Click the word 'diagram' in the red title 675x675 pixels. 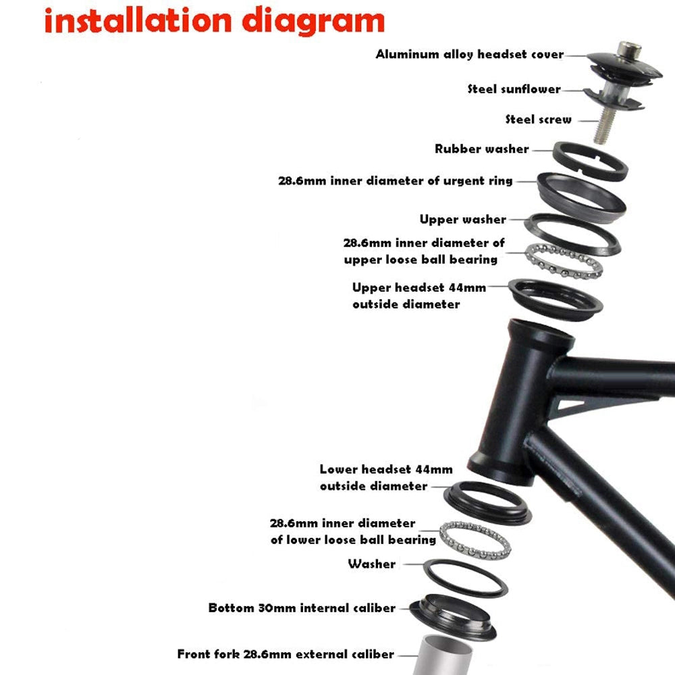coord(313,22)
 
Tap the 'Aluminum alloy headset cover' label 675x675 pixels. coord(470,54)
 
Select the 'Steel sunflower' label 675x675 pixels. coord(514,89)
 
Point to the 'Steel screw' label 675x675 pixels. coord(539,119)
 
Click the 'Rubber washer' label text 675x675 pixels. coord(482,149)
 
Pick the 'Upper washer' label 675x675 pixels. coord(463,219)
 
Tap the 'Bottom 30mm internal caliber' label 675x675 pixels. coord(302,608)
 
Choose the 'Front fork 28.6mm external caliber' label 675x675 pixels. coord(286,654)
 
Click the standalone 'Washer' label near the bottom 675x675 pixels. coord(371,564)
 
